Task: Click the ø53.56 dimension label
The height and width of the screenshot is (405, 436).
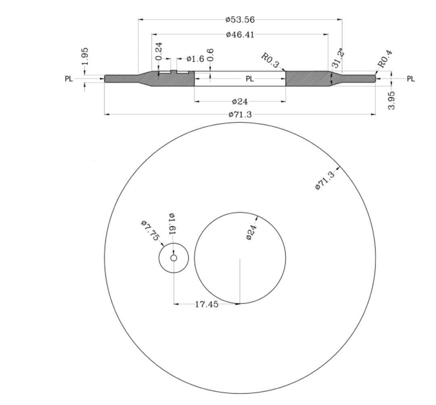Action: [240, 20]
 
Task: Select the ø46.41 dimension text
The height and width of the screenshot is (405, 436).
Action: [240, 35]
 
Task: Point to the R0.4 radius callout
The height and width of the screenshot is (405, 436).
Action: [385, 59]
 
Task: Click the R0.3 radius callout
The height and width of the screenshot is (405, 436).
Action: [270, 60]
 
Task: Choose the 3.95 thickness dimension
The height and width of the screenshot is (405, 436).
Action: [391, 101]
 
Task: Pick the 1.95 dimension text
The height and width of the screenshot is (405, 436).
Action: [85, 56]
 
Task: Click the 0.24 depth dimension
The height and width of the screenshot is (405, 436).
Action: [159, 51]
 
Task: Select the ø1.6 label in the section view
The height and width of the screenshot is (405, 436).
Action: [195, 59]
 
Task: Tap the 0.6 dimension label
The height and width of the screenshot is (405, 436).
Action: [210, 55]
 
